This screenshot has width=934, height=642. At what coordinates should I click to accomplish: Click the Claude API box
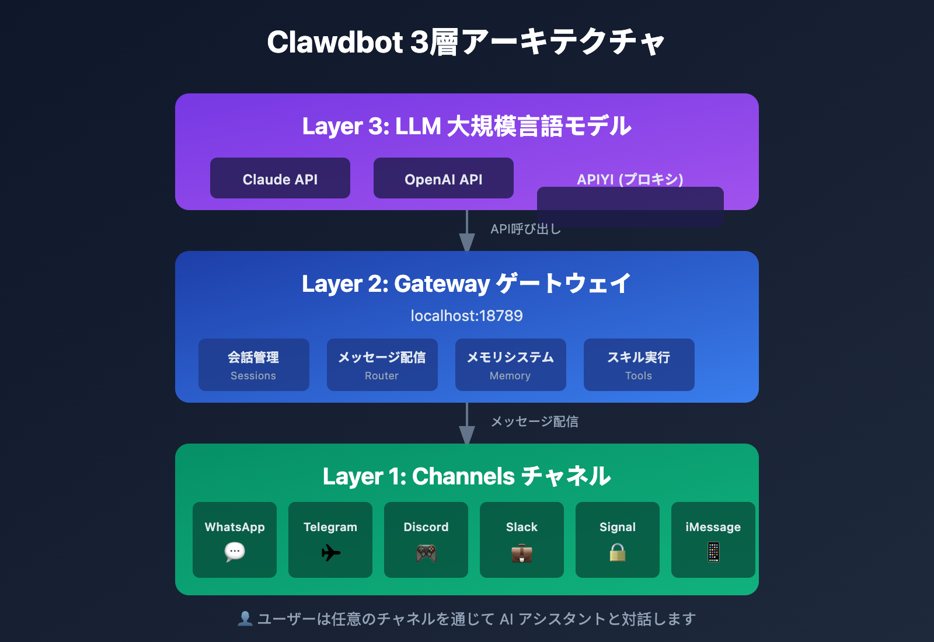[x=280, y=179]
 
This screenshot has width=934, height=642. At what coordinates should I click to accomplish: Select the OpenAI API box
[x=444, y=179]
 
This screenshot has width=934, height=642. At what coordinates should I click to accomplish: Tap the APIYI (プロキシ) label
[x=630, y=179]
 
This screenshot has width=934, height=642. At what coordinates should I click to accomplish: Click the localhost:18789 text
[x=466, y=316]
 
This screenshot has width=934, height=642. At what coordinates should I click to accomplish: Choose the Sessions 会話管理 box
[x=254, y=365]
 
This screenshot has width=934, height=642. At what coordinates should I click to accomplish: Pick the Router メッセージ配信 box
[x=382, y=365]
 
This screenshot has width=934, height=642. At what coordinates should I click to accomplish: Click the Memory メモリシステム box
[x=511, y=365]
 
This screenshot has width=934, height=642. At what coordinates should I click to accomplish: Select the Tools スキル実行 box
[x=639, y=365]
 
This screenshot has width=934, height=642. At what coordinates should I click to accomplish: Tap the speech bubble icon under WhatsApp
[x=235, y=552]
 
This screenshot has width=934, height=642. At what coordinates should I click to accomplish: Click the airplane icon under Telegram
[x=330, y=552]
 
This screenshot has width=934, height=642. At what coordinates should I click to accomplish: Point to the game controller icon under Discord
[x=426, y=552]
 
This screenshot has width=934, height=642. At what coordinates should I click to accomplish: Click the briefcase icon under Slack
[x=522, y=552]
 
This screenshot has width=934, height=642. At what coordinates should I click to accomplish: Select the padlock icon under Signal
[x=618, y=552]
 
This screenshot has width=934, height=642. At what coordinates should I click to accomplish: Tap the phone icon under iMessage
[x=713, y=552]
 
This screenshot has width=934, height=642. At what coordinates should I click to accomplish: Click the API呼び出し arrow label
[x=525, y=229]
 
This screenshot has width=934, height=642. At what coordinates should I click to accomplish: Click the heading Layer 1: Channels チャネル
[x=466, y=476]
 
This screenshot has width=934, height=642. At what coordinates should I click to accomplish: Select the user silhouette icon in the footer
[x=245, y=619]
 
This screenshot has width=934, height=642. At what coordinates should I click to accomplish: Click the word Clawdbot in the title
[x=335, y=42]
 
